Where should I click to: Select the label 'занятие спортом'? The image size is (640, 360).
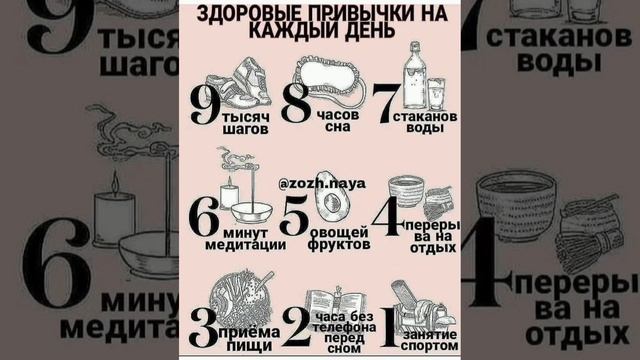pyautogui.click(x=426, y=338)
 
